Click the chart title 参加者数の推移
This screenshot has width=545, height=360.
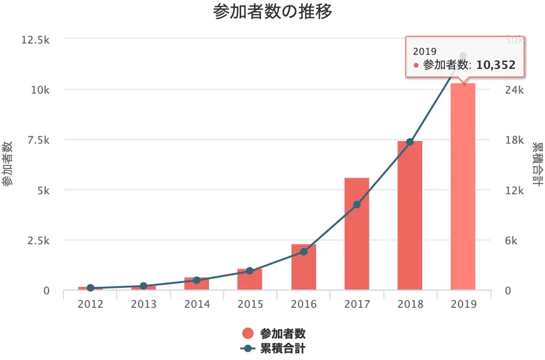(x=272, y=12)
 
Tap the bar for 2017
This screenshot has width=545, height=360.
(x=357, y=234)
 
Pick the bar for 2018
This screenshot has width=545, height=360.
(x=410, y=215)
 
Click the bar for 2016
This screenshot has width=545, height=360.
(x=303, y=267)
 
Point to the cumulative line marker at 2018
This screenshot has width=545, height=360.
(x=410, y=142)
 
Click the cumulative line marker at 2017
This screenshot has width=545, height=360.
(x=357, y=204)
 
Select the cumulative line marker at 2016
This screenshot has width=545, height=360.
(x=303, y=251)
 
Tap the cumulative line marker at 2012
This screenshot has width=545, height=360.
(x=90, y=288)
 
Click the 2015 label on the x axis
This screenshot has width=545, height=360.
(x=250, y=305)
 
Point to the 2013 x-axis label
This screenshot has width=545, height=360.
(x=143, y=305)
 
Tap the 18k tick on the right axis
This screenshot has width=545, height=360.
(x=513, y=140)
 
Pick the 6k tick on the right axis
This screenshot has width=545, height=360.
(x=511, y=241)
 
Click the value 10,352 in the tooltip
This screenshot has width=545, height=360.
(x=496, y=65)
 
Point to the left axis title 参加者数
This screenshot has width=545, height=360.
(x=8, y=164)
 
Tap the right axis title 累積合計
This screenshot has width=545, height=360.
(x=537, y=164)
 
